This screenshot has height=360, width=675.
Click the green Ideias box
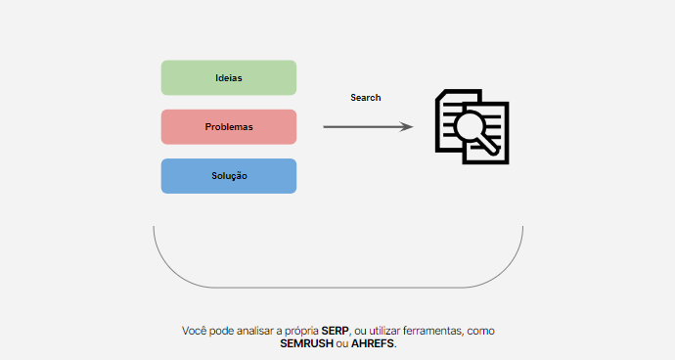coord(229,77)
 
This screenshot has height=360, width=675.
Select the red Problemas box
coord(229,126)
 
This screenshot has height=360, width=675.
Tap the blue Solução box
coord(229,176)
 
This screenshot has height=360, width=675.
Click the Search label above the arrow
coord(366,98)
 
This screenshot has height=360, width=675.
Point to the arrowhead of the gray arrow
coord(407,126)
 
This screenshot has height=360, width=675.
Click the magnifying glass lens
coord(469,126)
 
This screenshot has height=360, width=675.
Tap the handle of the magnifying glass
coord(489,147)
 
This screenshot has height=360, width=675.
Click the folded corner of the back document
coord(439,95)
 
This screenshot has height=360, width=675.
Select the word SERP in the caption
coord(336,331)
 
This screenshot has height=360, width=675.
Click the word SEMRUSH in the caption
coord(306,343)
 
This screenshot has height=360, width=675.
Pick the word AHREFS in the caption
coord(373,343)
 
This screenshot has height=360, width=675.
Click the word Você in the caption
coord(194,331)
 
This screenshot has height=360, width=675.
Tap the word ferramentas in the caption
coord(433,331)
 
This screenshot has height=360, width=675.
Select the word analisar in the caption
coord(255,331)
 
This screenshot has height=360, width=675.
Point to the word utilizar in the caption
coord(384,331)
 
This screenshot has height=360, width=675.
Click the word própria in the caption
coord(301,332)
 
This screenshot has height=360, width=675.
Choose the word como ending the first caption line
coord(481,332)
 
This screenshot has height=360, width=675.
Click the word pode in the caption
coord(222,332)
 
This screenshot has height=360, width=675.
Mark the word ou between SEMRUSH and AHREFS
coord(342,344)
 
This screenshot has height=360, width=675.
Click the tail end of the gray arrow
coord(324,126)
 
